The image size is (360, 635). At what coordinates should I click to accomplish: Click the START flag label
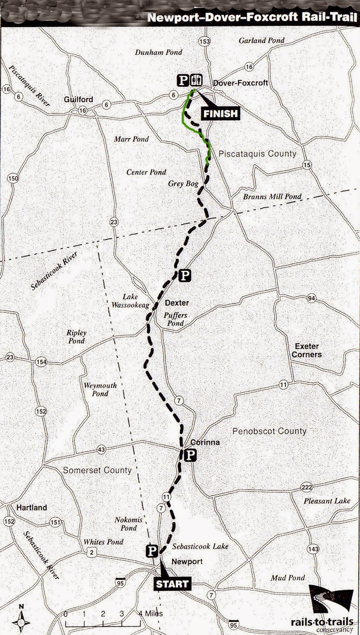(x=171, y=584)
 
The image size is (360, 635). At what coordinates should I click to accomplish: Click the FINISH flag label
(x=220, y=114)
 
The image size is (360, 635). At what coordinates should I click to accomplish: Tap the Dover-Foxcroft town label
(x=241, y=83)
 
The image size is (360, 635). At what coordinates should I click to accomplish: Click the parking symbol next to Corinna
(x=191, y=455)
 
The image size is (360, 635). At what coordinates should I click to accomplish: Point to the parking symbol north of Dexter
(x=185, y=275)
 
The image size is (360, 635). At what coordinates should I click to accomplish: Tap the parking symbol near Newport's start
(x=152, y=550)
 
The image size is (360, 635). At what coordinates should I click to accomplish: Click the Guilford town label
(x=78, y=99)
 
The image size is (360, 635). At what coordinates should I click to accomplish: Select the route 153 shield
(x=204, y=41)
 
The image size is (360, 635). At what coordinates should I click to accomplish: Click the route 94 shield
(x=311, y=298)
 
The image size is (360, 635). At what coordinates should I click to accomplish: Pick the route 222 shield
(x=306, y=487)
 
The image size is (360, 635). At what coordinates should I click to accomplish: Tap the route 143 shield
(x=313, y=549)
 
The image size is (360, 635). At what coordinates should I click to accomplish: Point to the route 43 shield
(x=101, y=450)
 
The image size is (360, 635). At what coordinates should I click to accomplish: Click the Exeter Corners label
(x=307, y=350)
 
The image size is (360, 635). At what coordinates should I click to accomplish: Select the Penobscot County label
(x=270, y=431)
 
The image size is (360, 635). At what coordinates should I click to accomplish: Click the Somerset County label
(x=97, y=470)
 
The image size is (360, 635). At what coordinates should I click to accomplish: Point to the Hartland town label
(x=31, y=507)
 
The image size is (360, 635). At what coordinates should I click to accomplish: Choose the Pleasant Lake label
(x=327, y=501)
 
